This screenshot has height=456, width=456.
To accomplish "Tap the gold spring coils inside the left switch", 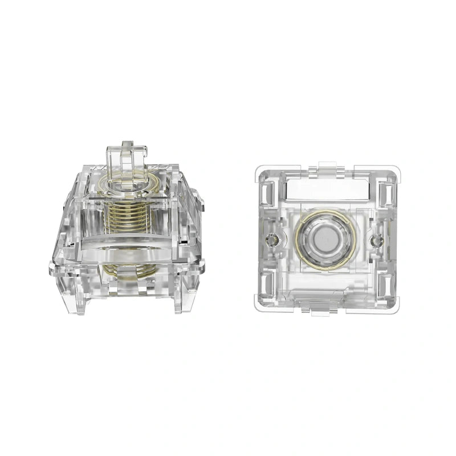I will tap(127, 214).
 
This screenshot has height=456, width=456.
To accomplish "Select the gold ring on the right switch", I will tap(325, 236).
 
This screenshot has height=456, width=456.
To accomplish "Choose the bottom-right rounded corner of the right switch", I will tap(394, 308).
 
